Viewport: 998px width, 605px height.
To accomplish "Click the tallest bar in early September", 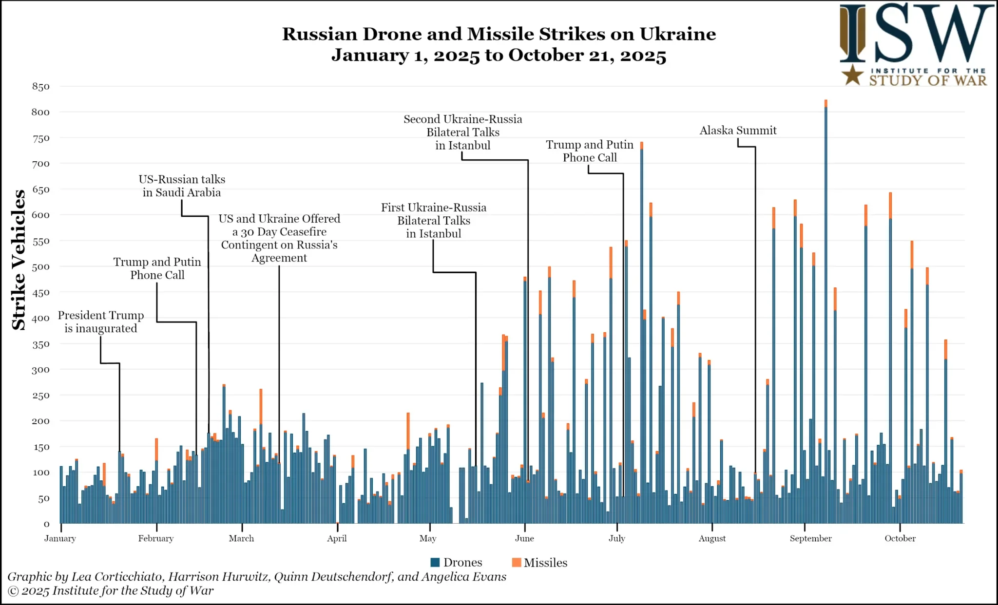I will pyautogui.click(x=825, y=312).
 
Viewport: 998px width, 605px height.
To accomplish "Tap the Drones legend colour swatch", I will pyautogui.click(x=435, y=562).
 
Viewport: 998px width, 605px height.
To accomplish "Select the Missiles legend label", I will pyautogui.click(x=545, y=563).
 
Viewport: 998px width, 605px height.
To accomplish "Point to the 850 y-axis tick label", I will pyautogui.click(x=41, y=87).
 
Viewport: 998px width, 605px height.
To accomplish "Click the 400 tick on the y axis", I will pyautogui.click(x=41, y=318).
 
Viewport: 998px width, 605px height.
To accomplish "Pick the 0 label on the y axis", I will pyautogui.click(x=46, y=524).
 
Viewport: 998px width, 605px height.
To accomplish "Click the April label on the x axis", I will pyautogui.click(x=337, y=538).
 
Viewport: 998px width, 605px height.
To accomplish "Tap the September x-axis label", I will pyautogui.click(x=810, y=538).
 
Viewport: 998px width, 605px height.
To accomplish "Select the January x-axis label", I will pyautogui.click(x=60, y=538).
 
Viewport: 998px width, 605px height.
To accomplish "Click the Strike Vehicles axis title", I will pyautogui.click(x=19, y=260).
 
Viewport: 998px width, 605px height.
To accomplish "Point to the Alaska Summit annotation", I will pyautogui.click(x=738, y=131).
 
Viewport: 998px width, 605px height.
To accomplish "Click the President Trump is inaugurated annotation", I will pyautogui.click(x=101, y=322).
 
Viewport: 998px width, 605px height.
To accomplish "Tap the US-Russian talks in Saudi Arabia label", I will pyautogui.click(x=182, y=186).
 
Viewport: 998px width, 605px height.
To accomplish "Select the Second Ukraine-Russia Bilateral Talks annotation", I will pyautogui.click(x=462, y=132).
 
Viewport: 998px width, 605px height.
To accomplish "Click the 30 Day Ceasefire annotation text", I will pyautogui.click(x=279, y=238).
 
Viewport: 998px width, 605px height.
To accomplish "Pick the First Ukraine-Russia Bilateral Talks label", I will pyautogui.click(x=433, y=221).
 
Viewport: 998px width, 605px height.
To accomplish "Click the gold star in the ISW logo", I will pyautogui.click(x=853, y=75).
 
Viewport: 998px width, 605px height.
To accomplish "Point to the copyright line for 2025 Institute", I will pyautogui.click(x=111, y=591).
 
